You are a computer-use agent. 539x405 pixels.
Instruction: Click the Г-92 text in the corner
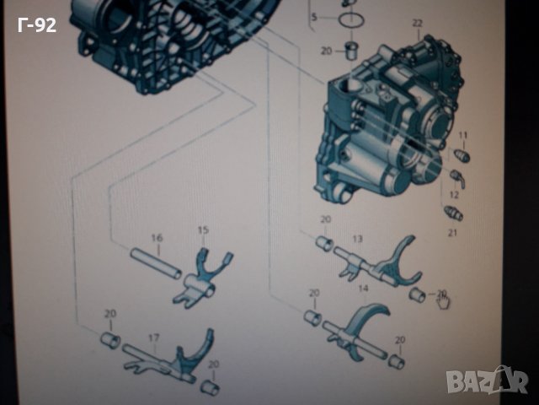[x=36, y=25]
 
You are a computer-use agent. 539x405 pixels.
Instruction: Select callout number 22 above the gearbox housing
[x=417, y=22]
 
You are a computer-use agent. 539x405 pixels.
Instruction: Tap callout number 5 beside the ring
[x=313, y=16]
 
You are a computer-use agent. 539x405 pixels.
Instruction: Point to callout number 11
[x=462, y=135]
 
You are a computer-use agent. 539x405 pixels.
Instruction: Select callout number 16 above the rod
[x=156, y=238]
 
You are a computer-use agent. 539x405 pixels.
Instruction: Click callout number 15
[x=202, y=230]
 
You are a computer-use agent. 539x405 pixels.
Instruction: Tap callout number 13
[x=357, y=240]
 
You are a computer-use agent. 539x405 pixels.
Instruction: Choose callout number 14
[x=364, y=288]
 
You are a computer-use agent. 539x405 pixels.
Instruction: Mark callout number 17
[x=154, y=337]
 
